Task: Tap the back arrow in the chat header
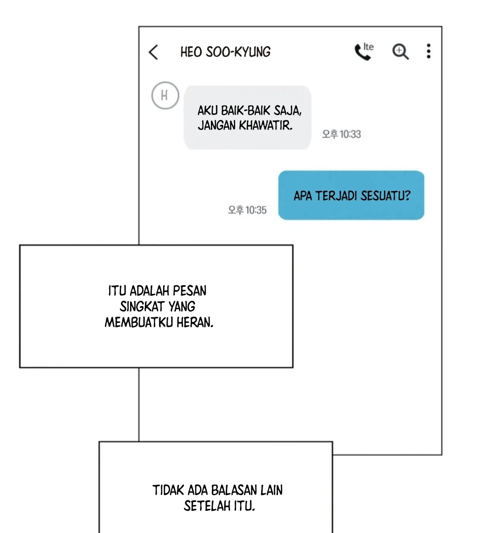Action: click(153, 52)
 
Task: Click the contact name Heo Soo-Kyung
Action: click(225, 52)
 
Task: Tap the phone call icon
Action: click(362, 52)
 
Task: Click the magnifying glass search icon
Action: click(401, 52)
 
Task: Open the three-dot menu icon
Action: click(429, 51)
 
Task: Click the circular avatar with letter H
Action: click(165, 96)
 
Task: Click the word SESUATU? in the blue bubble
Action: click(385, 196)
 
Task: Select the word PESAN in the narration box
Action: click(189, 291)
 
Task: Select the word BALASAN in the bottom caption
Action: click(234, 491)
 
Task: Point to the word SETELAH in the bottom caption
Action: click(207, 506)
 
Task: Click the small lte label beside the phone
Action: click(368, 46)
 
